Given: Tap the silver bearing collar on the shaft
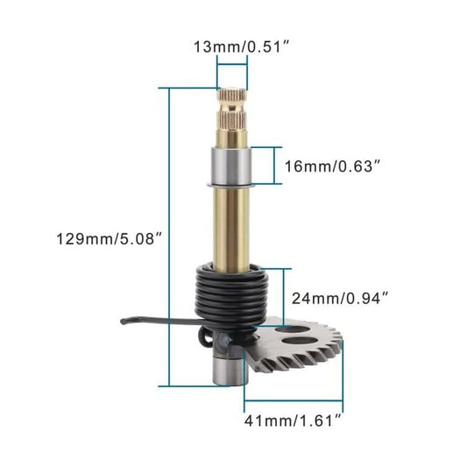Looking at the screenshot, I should pyautogui.click(x=231, y=165).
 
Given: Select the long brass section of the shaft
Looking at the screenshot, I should pyautogui.click(x=231, y=223).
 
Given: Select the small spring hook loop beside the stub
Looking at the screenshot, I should pyautogui.click(x=203, y=336).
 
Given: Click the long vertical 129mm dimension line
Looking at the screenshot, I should pyautogui.click(x=167, y=237).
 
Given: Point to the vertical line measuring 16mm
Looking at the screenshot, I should pyautogui.click(x=278, y=165).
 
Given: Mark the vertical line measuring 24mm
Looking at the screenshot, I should pyautogui.click(x=283, y=299).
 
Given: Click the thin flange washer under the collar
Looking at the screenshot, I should pyautogui.click(x=231, y=185).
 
